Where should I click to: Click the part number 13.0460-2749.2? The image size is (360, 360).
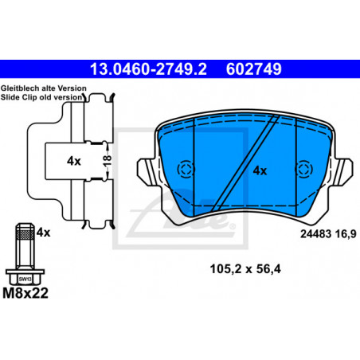pyautogui.click(x=148, y=69)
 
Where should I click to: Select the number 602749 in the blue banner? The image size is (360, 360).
pyautogui.click(x=253, y=69)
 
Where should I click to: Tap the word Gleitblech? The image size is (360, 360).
pyautogui.click(x=20, y=88)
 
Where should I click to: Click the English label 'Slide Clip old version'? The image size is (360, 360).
pyautogui.click(x=41, y=97)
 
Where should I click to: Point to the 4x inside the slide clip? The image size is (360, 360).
pyautogui.click(x=74, y=161)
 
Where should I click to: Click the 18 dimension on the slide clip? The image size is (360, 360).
pyautogui.click(x=107, y=161)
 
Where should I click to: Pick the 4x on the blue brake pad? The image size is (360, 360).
pyautogui.click(x=260, y=170)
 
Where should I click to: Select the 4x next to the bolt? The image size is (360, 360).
pyautogui.click(x=43, y=233)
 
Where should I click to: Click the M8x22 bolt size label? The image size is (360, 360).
pyautogui.click(x=25, y=293)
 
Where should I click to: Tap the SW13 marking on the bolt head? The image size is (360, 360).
pyautogui.click(x=25, y=280)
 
